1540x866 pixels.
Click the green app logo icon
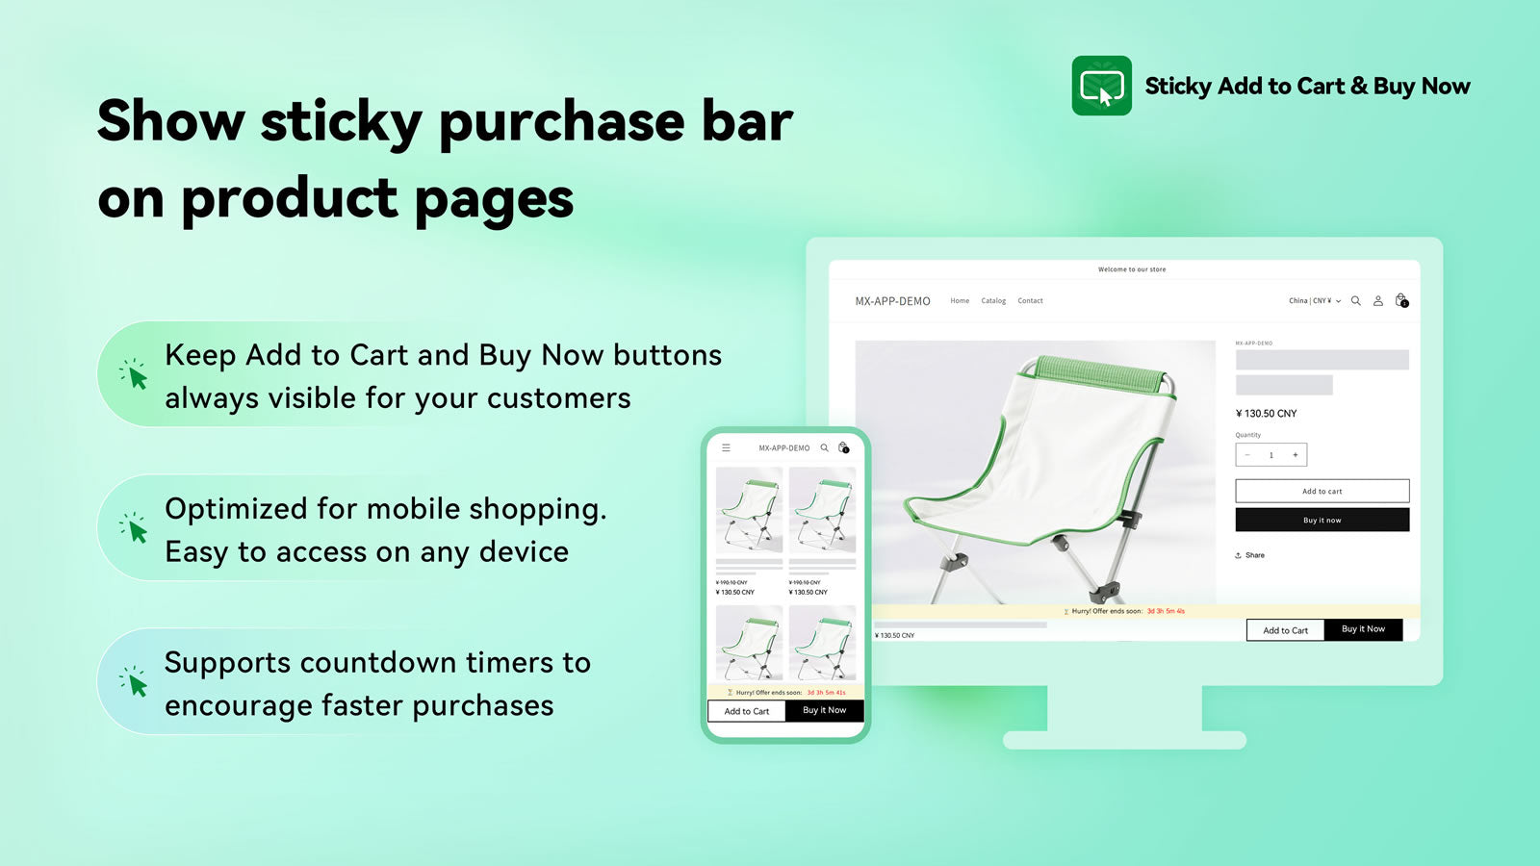click(1101, 86)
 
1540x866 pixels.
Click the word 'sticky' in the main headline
click(341, 123)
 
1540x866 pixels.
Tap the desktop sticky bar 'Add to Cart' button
click(1285, 630)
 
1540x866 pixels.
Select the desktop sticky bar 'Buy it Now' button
click(1363, 629)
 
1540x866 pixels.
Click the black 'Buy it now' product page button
click(1322, 521)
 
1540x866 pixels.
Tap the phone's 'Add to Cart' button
click(747, 711)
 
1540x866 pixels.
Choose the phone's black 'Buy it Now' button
click(824, 710)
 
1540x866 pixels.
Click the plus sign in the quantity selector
click(1295, 455)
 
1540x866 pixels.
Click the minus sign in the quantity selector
click(1248, 455)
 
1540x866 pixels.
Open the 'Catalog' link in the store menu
click(993, 301)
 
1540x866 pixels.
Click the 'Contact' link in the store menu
click(1030, 301)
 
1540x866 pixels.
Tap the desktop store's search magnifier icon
click(1355, 301)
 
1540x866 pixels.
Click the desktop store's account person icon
click(1377, 301)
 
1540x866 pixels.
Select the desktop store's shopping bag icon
click(1401, 301)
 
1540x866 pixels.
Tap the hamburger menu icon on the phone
click(727, 448)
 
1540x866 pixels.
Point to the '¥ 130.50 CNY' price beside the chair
click(1266, 414)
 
